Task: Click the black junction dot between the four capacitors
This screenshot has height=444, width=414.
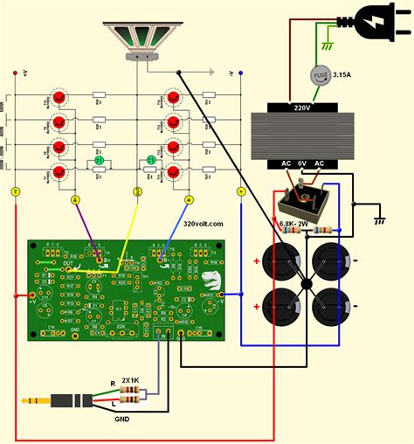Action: coord(306,284)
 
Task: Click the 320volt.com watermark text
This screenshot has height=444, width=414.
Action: coord(204,224)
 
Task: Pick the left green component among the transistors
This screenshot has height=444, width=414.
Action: coord(99,161)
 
